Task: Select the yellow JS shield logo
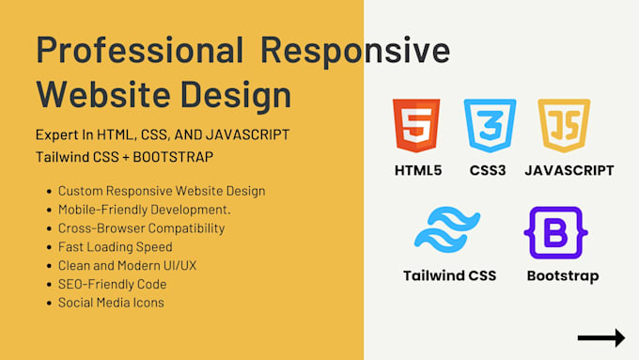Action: pyautogui.click(x=557, y=126)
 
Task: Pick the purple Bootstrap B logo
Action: pyautogui.click(x=554, y=232)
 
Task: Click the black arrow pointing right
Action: pyautogui.click(x=600, y=337)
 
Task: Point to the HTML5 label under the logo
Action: pyautogui.click(x=419, y=170)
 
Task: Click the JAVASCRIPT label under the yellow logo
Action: pyautogui.click(x=569, y=170)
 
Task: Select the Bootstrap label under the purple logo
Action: pyautogui.click(x=562, y=275)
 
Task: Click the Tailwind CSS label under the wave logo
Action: pyautogui.click(x=449, y=275)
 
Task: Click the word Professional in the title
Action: pyautogui.click(x=138, y=50)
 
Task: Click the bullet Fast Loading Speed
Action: pyautogui.click(x=115, y=246)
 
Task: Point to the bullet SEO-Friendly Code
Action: pyautogui.click(x=112, y=284)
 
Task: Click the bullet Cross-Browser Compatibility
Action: pyautogui.click(x=141, y=227)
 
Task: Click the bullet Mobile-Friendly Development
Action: pyautogui.click(x=144, y=209)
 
